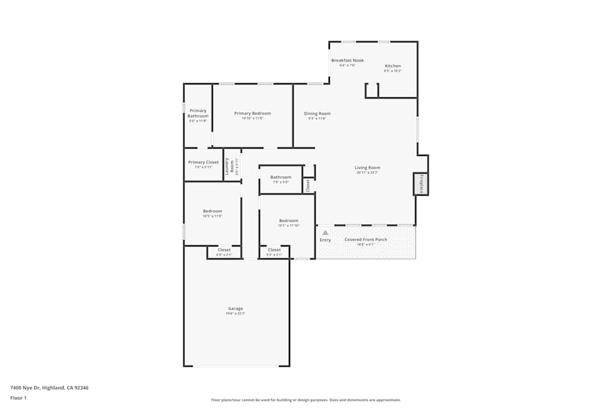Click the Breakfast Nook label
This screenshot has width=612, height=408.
pos(348,61)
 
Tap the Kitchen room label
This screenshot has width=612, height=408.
pos(393,66)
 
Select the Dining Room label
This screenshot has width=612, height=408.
pos(317,113)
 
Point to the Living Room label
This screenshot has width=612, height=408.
pos(368,168)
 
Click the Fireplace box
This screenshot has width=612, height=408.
pos(421,184)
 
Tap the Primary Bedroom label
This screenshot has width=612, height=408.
pos(252,113)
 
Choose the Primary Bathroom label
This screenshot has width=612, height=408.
pos(198,113)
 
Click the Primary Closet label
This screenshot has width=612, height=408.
pos(203,162)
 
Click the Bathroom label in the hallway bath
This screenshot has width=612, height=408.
pos(281,177)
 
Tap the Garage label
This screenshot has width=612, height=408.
pos(236,308)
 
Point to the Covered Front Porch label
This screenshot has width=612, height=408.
pos(365,239)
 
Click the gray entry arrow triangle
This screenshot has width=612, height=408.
pos(326,232)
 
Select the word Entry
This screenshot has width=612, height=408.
pos(325,240)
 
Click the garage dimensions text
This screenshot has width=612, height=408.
pos(236,313)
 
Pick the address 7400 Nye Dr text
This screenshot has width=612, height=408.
pos(49,387)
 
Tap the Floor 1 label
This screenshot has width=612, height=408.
pos(18,398)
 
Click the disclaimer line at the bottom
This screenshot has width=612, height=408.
pos(306,400)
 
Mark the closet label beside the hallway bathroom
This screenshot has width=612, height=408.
pos(308,185)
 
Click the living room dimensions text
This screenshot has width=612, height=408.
pos(368,172)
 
